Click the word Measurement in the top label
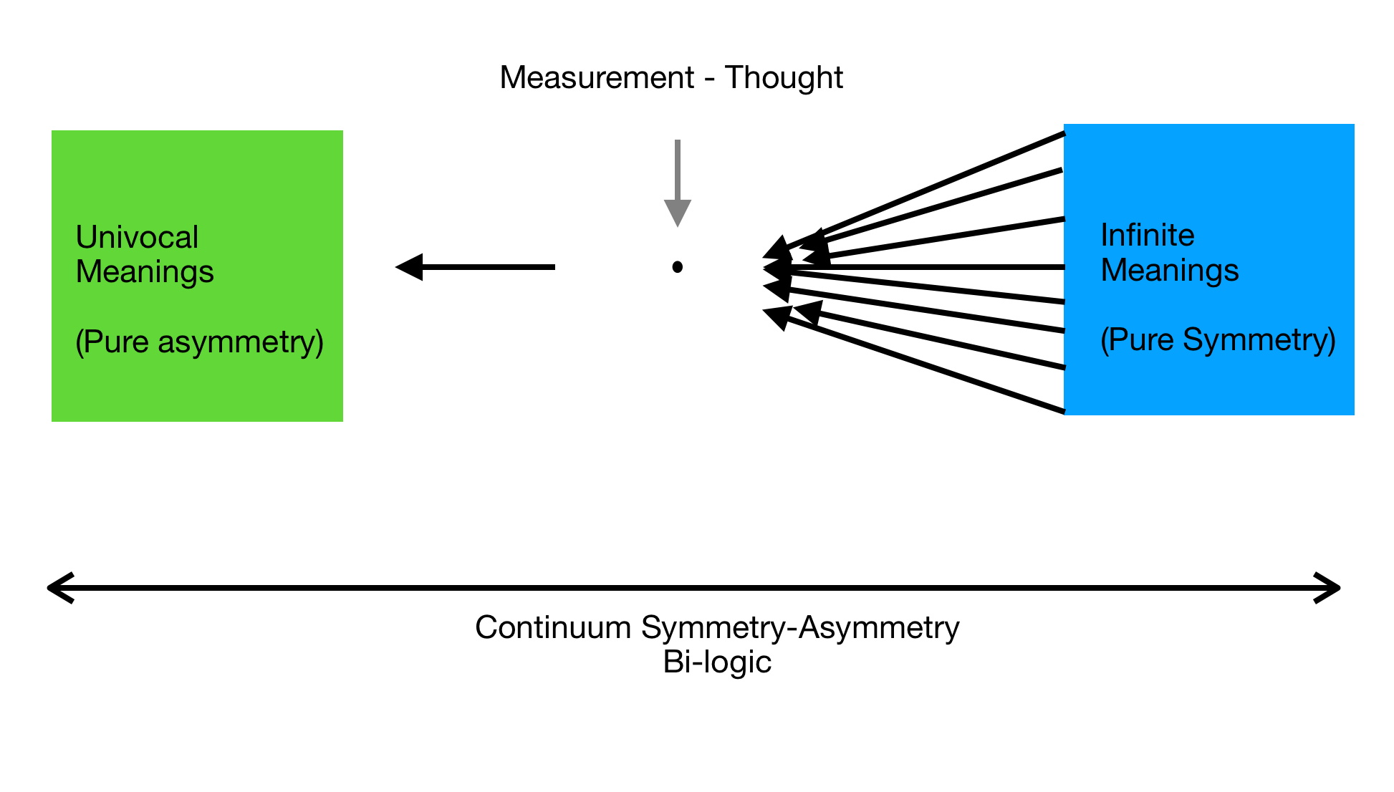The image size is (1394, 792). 597,78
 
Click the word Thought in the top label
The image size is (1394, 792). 784,78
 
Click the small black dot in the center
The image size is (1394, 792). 677,267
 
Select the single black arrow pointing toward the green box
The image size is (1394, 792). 476,267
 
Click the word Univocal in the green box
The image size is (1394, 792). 137,238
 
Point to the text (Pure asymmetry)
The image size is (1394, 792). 199,342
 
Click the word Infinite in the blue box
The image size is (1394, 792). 1148,236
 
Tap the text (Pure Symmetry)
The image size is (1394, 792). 1218,340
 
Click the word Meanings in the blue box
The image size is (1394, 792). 1170,271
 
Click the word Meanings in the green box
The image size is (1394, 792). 145,272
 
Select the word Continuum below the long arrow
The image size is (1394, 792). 553,628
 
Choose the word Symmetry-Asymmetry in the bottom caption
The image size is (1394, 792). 800,628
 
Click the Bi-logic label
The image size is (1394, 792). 717,662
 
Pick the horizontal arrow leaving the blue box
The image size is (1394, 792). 931,267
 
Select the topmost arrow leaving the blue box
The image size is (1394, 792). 931,188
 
